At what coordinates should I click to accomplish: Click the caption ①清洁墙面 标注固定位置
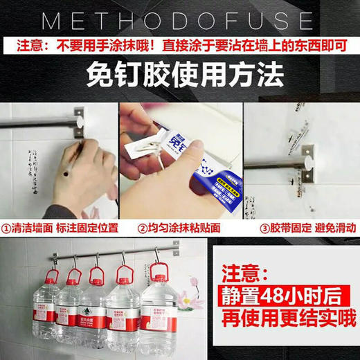click(60, 227)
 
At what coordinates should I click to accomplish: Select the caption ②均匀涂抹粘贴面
click(179, 227)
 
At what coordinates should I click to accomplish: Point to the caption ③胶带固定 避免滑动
click(300, 227)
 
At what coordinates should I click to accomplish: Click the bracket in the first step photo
click(79, 120)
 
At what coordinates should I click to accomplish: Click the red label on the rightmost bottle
click(159, 319)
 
